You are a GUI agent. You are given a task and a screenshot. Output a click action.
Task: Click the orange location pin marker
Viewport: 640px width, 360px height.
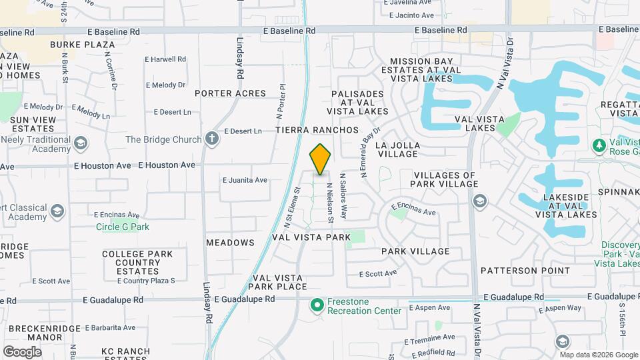[320, 159]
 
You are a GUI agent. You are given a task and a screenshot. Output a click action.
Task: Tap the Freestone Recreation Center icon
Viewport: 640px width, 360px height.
[317, 306]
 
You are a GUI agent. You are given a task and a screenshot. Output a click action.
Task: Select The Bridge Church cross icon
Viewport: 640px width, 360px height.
[212, 139]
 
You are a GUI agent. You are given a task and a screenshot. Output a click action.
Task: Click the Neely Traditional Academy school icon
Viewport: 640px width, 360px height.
[81, 144]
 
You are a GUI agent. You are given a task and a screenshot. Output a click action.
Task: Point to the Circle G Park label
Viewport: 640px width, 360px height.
[123, 227]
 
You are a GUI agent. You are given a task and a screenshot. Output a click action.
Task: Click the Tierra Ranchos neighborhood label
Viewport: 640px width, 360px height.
[317, 130]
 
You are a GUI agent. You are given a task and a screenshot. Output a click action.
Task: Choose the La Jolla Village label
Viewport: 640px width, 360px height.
[397, 149]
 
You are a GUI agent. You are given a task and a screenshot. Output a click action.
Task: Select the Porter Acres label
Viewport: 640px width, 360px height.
[230, 93]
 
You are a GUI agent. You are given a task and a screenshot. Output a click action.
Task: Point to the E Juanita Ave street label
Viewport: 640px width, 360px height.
[245, 180]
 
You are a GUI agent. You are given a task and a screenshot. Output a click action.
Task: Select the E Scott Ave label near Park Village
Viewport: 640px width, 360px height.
[377, 273]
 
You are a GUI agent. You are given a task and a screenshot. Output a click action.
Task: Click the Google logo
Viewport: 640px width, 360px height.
[22, 351]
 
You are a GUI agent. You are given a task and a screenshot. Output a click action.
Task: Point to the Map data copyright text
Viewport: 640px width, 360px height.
[598, 355]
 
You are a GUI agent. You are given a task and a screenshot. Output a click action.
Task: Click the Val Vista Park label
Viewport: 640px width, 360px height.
[311, 237]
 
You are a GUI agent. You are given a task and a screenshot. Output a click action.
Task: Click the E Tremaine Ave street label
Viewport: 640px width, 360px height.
[431, 337]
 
